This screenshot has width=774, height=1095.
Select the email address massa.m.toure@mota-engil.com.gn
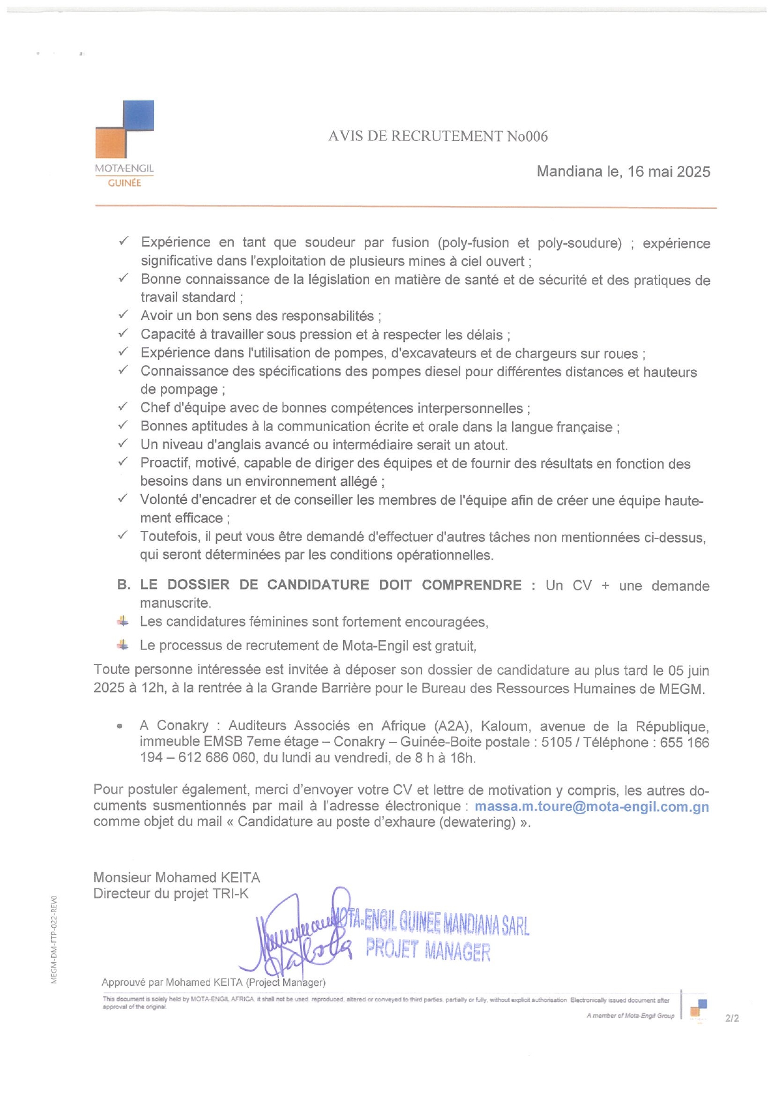pos(591,806)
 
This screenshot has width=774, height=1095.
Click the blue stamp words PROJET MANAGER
pos(428,950)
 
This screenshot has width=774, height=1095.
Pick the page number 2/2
pos(732,1018)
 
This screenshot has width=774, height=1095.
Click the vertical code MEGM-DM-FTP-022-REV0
pos(54,939)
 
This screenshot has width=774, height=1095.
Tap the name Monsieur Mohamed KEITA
pos(177,877)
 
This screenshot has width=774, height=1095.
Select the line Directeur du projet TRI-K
pos(171,893)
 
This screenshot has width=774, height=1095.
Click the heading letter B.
pos(123,585)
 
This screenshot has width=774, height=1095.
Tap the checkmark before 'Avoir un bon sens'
pos(123,314)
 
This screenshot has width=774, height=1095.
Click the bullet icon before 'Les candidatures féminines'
pos(123,621)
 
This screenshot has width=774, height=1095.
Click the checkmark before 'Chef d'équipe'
pos(123,407)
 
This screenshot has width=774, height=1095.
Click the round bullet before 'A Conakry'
pos(119,726)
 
